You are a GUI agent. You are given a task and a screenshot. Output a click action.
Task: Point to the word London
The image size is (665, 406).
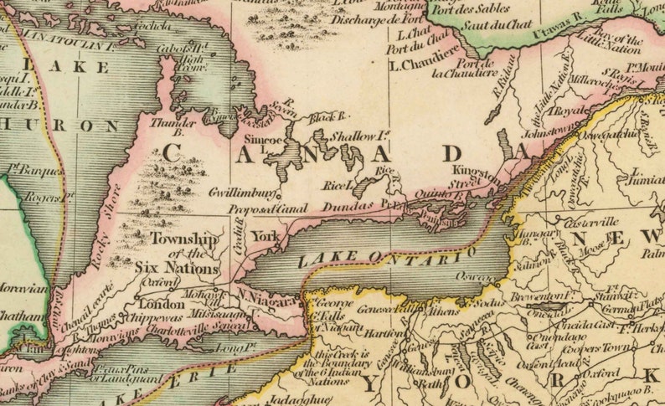point(155,305)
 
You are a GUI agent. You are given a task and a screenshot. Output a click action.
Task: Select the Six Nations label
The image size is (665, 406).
point(176,270)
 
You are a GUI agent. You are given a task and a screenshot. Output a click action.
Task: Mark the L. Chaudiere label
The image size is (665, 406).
point(424,64)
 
